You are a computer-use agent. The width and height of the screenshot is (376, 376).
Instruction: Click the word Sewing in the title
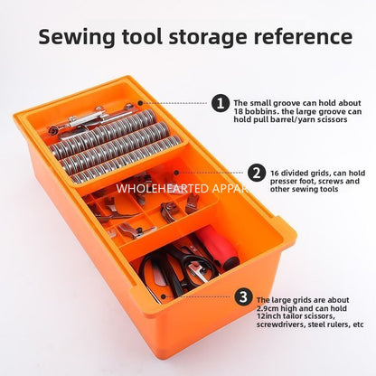coord(77,37)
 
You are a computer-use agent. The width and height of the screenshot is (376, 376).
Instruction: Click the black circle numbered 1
coord(221,103)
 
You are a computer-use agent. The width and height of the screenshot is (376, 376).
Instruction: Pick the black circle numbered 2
coord(257,174)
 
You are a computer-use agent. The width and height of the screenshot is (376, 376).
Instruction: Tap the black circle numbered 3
coord(243,297)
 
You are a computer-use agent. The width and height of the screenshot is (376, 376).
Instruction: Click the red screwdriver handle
coord(218,245)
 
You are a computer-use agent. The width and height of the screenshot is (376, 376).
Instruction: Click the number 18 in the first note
coord(238,111)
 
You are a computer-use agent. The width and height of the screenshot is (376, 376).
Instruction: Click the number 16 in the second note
coord(274,174)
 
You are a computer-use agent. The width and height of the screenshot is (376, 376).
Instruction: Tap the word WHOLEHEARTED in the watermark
coord(163,189)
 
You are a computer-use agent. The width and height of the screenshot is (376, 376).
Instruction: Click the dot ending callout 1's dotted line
coord(140,103)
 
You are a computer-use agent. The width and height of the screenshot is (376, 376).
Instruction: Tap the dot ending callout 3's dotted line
coord(163,296)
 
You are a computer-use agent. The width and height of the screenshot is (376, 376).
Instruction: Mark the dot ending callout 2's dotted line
coord(176,173)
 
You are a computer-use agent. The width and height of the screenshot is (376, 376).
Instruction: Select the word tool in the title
coord(142,37)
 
